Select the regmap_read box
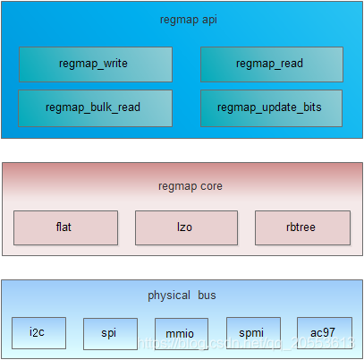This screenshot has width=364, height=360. pos(270,64)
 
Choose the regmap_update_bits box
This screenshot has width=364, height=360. pos(270,107)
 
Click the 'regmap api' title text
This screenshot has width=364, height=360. pos(182,18)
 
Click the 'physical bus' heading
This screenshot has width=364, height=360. pos(182,295)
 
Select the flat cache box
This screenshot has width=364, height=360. pos(65,227)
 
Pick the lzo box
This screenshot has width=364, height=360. pos(186,227)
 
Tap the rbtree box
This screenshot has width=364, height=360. pos(302,227)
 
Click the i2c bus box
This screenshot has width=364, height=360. pos(38,332)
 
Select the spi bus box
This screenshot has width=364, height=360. pos(110,333)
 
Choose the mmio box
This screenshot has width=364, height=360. pos(181,334)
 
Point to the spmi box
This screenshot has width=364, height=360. pos(253,332)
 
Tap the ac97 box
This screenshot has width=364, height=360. pos(322,332)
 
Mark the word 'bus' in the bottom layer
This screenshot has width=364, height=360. pos(206,295)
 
